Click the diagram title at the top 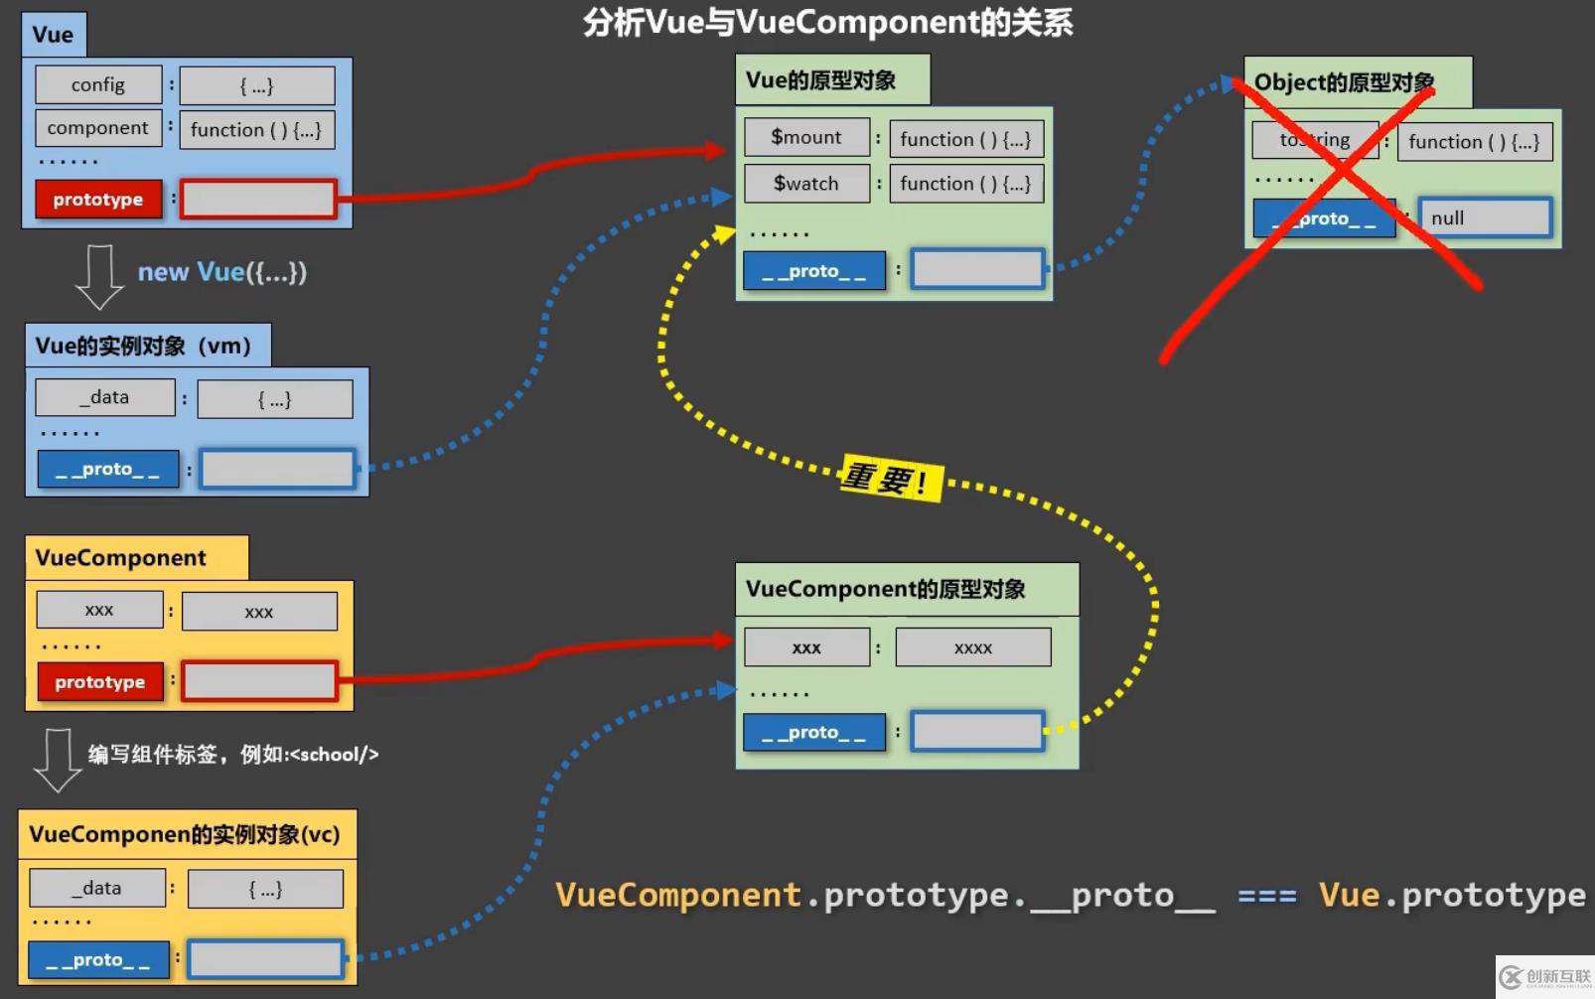(x=827, y=22)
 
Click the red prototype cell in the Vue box (x=98, y=200)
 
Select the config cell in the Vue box (x=98, y=85)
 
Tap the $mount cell (x=806, y=137)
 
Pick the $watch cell (x=806, y=184)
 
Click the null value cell (x=1485, y=218)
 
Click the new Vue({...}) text (x=221, y=272)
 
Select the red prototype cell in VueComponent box (x=100, y=682)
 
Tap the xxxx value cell (x=973, y=647)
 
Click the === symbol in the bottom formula (x=1267, y=896)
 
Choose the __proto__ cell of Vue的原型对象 (x=813, y=271)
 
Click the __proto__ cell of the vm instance (x=107, y=469)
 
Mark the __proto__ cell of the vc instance (x=98, y=960)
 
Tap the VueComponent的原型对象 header (x=886, y=589)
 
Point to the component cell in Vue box (x=97, y=128)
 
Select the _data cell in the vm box (x=104, y=397)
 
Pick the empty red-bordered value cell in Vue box (x=258, y=200)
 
